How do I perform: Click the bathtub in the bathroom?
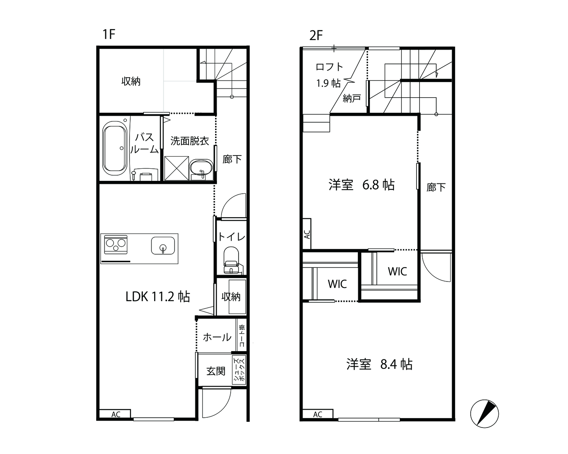[x=115, y=149]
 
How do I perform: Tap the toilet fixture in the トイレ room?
[x=231, y=260]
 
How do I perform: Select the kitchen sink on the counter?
[x=163, y=246]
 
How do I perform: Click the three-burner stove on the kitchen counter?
[x=115, y=244]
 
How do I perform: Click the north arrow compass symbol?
[x=485, y=414]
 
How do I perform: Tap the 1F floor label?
[x=109, y=34]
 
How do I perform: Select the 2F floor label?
[x=316, y=35]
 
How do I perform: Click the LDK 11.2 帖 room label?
[x=158, y=297]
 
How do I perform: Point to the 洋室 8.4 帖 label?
[x=379, y=364]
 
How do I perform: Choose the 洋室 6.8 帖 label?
[x=362, y=185]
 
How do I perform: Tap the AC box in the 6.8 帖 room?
[x=307, y=234]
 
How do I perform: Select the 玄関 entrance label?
[x=216, y=371]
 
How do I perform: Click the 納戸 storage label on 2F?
[x=352, y=98]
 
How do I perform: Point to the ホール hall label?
[x=217, y=337]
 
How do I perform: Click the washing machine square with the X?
[x=176, y=168]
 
